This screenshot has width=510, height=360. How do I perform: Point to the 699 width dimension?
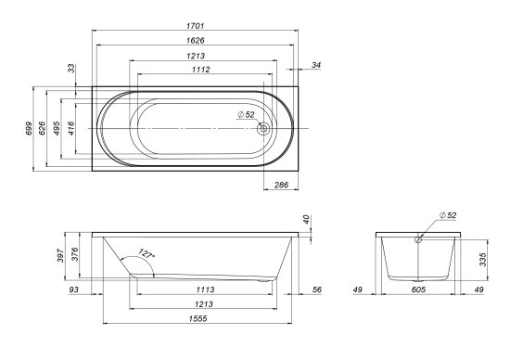tap(30, 129)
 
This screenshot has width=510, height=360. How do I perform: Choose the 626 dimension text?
tap(44, 129)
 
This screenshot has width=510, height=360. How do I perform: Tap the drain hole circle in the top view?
tap(264, 129)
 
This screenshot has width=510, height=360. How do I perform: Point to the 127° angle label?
tap(147, 252)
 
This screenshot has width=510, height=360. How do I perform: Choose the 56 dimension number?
tap(316, 290)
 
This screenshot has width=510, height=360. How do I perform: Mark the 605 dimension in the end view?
tap(420, 290)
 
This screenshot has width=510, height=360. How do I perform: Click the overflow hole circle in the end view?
tap(419, 238)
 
